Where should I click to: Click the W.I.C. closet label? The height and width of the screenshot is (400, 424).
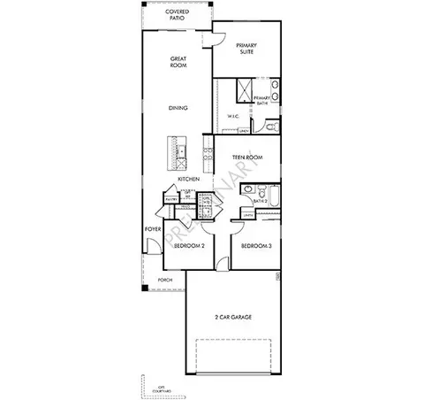point(233,117)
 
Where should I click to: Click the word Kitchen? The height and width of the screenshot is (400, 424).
point(188,180)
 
